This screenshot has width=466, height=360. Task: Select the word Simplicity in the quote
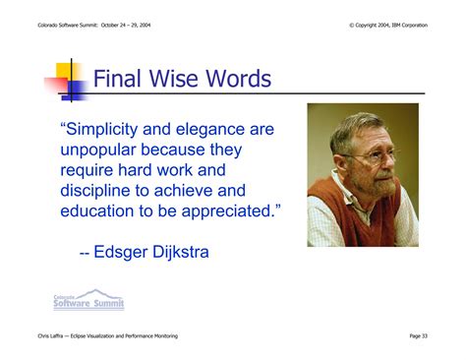101,129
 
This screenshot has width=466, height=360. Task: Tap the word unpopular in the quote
98,150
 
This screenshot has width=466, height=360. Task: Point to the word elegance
209,130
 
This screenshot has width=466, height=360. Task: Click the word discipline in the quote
95,191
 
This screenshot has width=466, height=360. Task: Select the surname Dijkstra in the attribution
181,252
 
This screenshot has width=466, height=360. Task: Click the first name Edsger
121,252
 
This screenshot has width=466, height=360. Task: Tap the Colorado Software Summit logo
88,299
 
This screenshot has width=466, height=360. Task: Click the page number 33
425,335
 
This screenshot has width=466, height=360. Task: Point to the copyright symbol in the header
352,26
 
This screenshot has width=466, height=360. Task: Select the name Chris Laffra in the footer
50,335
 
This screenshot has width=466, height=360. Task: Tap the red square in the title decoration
56,85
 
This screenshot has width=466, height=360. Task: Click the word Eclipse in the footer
77,335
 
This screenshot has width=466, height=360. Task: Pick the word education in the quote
97,211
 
